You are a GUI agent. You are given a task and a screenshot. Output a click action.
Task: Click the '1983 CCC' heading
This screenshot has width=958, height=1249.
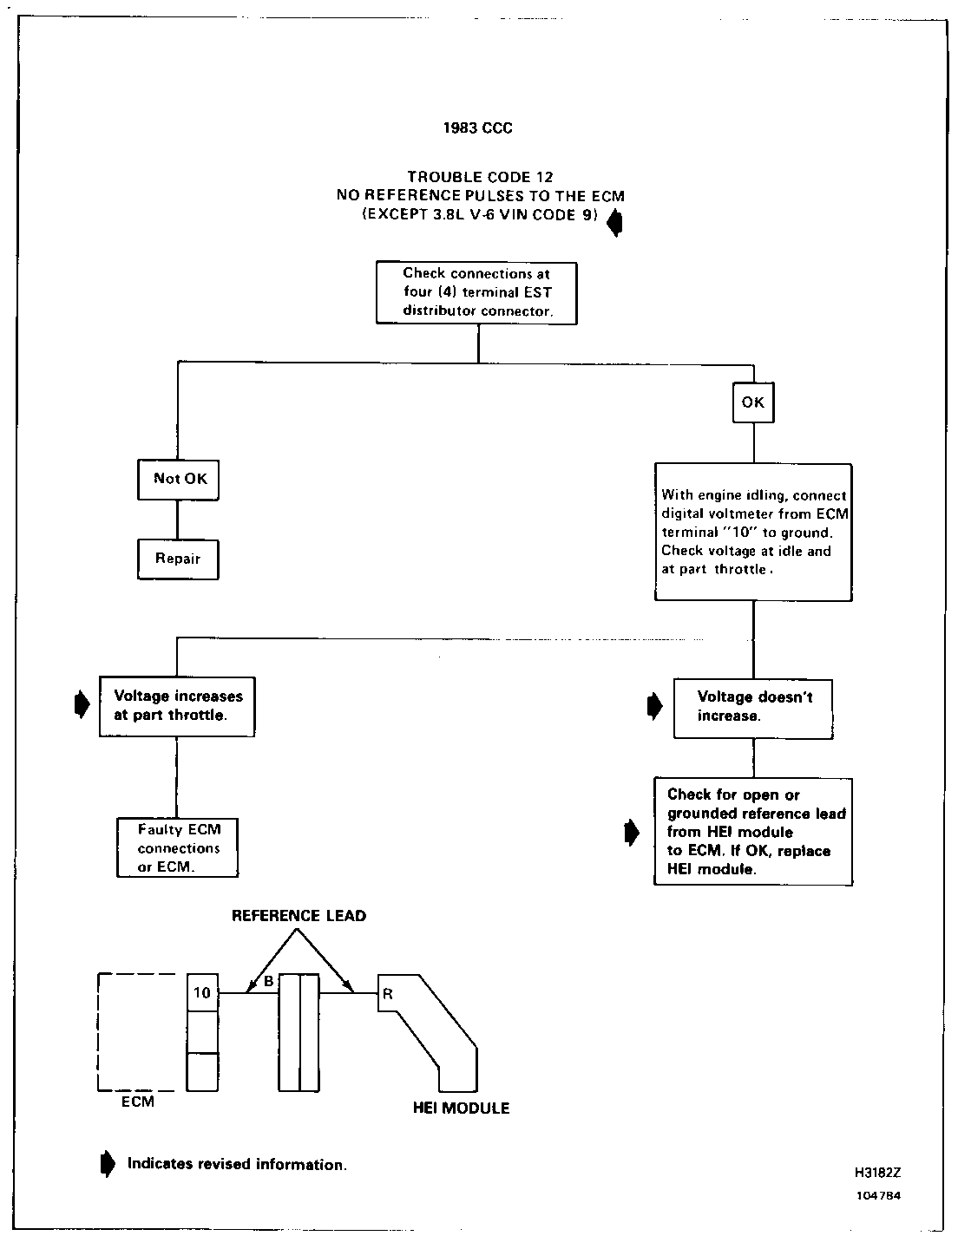477,128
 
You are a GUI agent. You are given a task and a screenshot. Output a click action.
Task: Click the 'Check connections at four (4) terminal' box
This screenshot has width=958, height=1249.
476,292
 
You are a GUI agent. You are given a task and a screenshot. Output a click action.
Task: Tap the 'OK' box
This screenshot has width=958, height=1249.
752,402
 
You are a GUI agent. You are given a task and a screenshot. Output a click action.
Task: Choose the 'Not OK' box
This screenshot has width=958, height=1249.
179,479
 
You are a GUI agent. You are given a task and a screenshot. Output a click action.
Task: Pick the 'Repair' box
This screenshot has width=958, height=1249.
178,559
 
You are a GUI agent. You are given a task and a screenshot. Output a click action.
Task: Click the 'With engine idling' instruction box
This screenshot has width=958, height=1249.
753,532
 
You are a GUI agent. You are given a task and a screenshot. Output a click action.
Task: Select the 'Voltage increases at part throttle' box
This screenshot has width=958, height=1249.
178,706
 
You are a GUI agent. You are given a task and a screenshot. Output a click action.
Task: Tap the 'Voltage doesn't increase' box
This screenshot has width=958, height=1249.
754,707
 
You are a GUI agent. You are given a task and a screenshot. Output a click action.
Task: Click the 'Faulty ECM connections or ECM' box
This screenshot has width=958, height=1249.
178,847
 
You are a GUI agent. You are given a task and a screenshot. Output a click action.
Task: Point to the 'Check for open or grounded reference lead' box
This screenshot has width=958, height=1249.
753,831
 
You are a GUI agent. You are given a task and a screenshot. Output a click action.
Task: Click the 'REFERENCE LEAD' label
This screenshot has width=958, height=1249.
299,916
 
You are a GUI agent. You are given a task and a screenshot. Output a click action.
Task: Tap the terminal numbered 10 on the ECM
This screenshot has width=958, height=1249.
202,992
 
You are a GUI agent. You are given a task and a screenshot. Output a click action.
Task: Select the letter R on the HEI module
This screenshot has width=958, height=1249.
388,994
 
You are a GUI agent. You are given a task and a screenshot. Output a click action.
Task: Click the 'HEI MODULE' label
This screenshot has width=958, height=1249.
461,1108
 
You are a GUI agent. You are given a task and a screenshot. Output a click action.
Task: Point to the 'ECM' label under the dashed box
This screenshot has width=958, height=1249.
138,1102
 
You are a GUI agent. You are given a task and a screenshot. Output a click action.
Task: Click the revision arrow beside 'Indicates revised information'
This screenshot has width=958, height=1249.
108,1164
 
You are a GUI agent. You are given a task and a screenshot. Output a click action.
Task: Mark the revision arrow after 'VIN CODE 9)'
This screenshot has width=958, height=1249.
614,224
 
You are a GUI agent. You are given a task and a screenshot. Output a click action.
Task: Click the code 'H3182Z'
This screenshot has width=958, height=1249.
878,1172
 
